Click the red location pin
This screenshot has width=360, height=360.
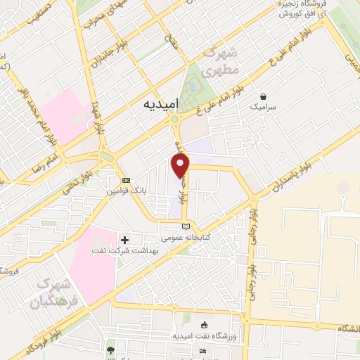pos(181,166)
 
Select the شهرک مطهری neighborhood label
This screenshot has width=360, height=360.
pos(221,63)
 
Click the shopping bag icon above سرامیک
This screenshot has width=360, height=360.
pos(263,96)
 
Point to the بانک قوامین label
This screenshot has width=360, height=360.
pos(127,191)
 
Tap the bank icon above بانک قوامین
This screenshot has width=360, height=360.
pos(126,180)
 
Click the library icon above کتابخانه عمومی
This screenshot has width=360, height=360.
pos(186,226)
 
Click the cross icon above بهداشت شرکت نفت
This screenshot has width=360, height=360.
pos(125,240)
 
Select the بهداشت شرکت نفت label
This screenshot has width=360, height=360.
pos(117,251)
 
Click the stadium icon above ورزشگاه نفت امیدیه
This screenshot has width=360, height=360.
pos(204,325)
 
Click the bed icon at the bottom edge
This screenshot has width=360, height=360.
pos(203,351)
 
